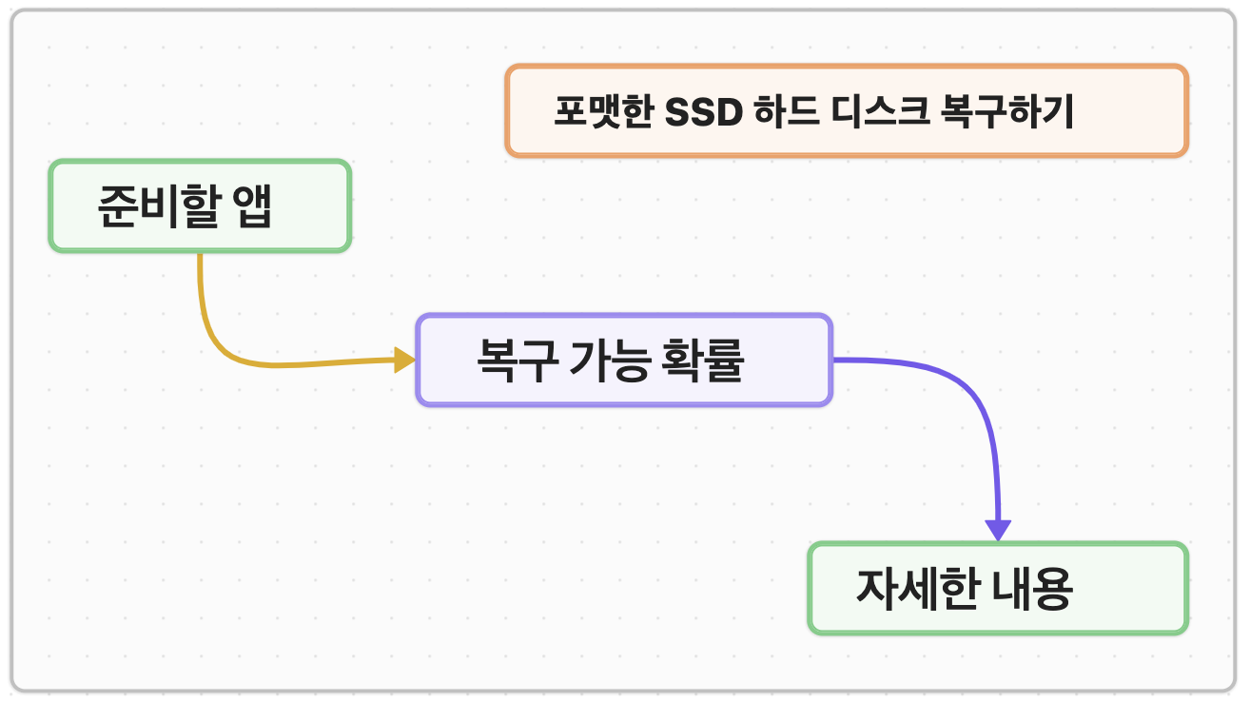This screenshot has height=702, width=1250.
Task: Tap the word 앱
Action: pos(252,206)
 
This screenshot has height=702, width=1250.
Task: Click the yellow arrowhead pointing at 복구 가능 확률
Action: pos(404,360)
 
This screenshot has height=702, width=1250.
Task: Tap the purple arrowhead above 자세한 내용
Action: pos(998,530)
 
